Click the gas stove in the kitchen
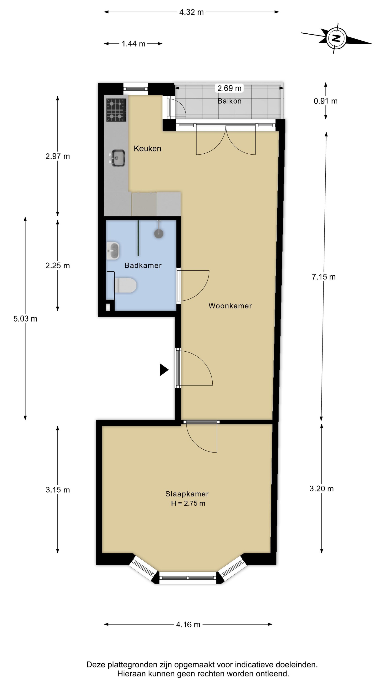[116, 110]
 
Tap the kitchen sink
[117, 158]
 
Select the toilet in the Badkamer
[125, 285]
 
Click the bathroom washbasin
[113, 251]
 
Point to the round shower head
[159, 233]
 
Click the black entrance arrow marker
[164, 370]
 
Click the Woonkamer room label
[230, 306]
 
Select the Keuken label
[147, 149]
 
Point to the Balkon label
[229, 101]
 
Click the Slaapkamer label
[187, 494]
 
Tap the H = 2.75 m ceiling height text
[188, 504]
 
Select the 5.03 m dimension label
[25, 319]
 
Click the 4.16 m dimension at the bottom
[188, 625]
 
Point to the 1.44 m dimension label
[133, 44]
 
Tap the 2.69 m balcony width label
[229, 88]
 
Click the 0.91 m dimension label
[326, 101]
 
